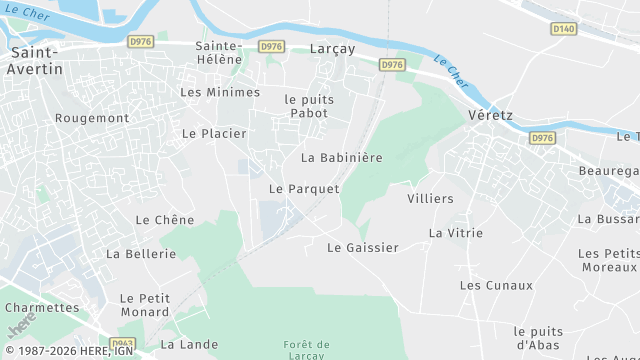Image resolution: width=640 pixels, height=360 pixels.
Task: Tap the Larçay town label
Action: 333,49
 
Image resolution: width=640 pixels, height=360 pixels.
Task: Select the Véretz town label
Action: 490,116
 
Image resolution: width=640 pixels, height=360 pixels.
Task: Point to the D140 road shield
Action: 564,29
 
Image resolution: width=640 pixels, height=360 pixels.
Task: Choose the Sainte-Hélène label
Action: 219,52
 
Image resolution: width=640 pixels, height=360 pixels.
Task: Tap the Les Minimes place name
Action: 219,92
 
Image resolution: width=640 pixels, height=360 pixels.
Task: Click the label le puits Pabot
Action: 309,106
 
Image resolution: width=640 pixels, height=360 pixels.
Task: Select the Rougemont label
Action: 92,118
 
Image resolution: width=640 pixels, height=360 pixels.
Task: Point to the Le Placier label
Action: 214,133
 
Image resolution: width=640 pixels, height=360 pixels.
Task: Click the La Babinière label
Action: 342,158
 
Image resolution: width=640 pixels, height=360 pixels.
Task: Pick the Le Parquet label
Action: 304,189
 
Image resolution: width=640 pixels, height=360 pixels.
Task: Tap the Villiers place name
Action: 430,199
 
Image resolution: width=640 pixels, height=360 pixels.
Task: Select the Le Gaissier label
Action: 363,248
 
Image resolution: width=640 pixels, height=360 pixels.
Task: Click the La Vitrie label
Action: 456,233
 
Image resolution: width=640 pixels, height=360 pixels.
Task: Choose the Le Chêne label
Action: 165,220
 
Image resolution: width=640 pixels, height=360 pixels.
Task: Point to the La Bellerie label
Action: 141,254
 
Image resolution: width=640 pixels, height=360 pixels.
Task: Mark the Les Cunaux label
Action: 489,286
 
